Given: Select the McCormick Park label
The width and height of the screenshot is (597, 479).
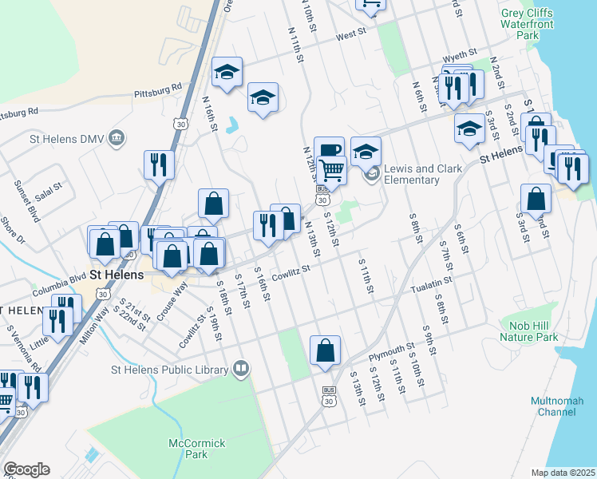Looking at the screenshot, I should [188, 449].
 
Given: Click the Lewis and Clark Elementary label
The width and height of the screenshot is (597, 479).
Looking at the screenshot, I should [412, 174].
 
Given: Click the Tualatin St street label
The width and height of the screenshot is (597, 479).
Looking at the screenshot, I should [432, 283].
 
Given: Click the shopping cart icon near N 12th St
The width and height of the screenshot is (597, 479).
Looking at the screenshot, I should [331, 169].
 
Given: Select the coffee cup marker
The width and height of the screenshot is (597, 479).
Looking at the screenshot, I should [329, 149].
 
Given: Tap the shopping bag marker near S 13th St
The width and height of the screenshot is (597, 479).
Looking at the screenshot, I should [325, 350].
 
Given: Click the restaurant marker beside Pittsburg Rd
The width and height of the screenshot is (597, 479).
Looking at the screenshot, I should [159, 165].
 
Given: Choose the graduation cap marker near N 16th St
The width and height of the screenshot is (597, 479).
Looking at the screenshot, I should [227, 73].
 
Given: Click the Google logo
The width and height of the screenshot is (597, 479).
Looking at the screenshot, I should [26, 469].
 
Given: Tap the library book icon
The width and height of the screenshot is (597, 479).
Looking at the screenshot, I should [241, 369].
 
